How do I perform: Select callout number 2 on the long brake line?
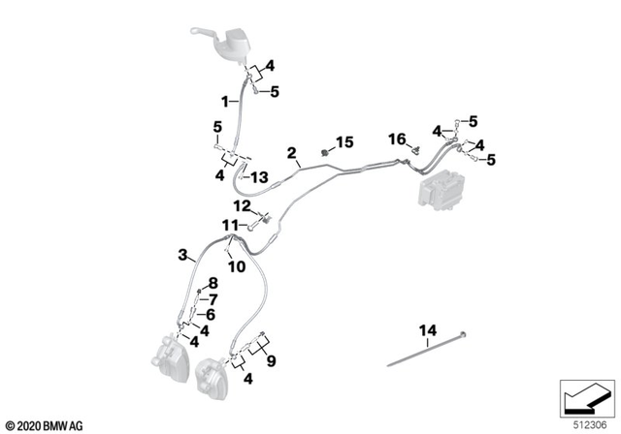(291, 153)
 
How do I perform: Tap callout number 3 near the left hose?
(181, 255)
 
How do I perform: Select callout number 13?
(259, 176)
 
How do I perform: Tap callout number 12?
(240, 205)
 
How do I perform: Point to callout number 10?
(236, 265)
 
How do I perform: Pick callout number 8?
(213, 282)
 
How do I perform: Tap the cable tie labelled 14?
(427, 350)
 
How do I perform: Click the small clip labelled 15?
(323, 152)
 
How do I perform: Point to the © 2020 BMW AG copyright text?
(45, 424)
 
